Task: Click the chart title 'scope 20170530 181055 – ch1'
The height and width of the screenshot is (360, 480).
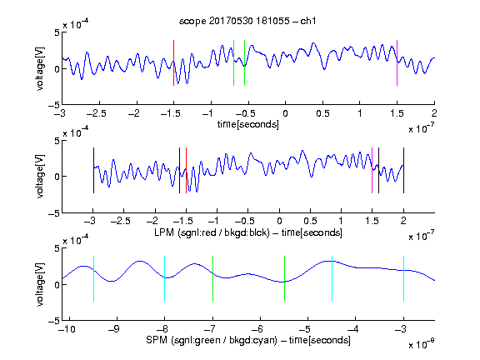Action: (x=247, y=21)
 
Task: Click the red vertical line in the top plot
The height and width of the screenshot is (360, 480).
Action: (x=173, y=62)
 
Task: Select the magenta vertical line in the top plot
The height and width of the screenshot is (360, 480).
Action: (x=397, y=62)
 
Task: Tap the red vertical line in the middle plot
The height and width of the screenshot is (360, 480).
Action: (x=186, y=171)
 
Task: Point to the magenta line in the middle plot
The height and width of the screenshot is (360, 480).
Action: (x=372, y=171)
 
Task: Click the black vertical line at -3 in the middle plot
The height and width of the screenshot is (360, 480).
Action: (x=93, y=171)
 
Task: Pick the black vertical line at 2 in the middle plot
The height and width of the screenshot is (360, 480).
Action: (x=403, y=171)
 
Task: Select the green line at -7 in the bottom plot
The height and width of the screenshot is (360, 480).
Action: (x=212, y=278)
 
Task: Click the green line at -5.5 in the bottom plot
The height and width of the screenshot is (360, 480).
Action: (x=284, y=278)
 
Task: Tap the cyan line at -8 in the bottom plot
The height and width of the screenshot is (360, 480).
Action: (x=165, y=278)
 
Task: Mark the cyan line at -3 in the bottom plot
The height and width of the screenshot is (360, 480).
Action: (x=403, y=278)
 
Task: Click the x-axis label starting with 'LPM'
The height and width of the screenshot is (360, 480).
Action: (x=248, y=232)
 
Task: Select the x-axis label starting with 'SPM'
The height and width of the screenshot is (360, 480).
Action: (x=248, y=340)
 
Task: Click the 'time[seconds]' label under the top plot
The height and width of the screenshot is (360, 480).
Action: (x=248, y=124)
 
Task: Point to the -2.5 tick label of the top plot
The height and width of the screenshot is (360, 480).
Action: (x=97, y=113)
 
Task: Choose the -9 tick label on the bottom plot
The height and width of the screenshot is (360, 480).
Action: (x=114, y=329)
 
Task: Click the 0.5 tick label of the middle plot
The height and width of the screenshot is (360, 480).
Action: (x=310, y=222)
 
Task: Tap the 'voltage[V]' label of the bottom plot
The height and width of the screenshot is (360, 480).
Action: (x=40, y=284)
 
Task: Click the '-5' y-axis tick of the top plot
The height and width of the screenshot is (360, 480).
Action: (x=54, y=105)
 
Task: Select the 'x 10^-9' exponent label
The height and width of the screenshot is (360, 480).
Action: (x=421, y=344)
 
